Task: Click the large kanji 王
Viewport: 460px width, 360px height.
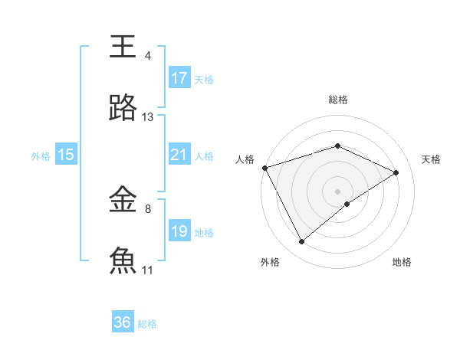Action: coord(123,47)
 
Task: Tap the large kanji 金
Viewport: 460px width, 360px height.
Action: coord(123,200)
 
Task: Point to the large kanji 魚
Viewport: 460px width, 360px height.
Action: coord(123,261)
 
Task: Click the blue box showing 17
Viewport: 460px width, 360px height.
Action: coord(179,78)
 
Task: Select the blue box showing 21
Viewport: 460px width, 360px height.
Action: coord(179,155)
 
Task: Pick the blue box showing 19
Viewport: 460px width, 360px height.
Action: coord(179,231)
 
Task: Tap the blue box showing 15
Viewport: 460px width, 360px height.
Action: coord(66,155)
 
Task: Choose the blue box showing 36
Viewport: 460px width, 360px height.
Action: coord(123,322)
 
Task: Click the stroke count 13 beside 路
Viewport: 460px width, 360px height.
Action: coord(148,117)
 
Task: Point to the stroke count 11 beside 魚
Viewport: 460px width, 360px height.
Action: coord(148,270)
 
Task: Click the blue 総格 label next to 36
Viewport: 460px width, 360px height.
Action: coord(147,324)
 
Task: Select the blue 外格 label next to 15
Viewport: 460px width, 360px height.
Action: coord(41,155)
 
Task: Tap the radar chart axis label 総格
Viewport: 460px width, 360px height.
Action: coord(337,100)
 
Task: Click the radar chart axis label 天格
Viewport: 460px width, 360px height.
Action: coord(431,159)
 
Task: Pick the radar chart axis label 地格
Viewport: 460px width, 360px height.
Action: coord(402,263)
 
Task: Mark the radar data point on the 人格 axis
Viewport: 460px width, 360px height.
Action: coord(264,168)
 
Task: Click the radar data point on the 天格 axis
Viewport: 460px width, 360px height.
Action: coord(396,172)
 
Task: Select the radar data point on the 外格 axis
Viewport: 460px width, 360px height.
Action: coord(301,242)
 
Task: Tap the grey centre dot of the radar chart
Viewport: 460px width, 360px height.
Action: coord(337,191)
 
